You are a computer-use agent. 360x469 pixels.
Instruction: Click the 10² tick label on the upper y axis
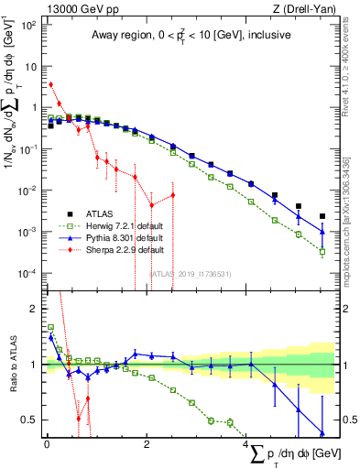(29, 24)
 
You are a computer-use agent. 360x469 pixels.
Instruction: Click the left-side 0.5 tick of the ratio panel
(32, 420)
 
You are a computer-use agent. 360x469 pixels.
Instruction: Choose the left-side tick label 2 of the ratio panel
(35, 309)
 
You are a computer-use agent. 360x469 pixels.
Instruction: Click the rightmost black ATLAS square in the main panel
(322, 217)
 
